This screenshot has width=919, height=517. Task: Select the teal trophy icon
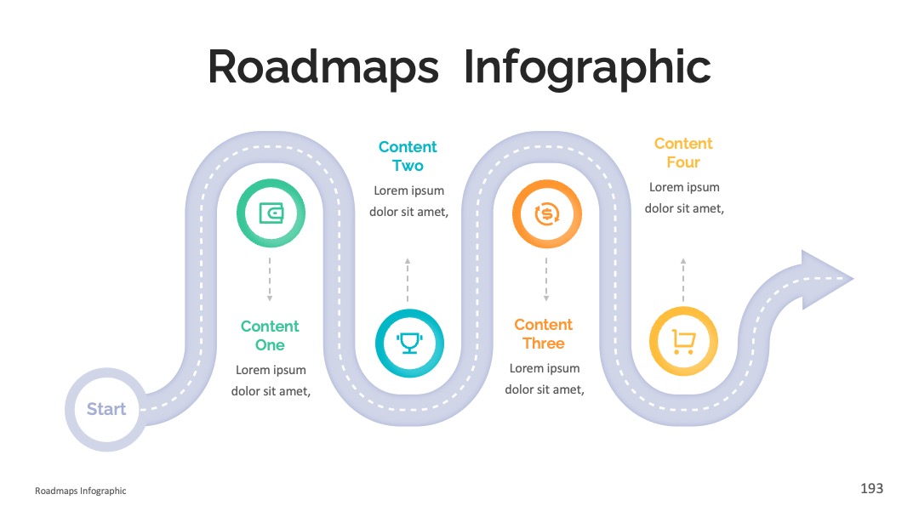pos(409,343)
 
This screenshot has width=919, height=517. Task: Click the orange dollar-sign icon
pos(547,213)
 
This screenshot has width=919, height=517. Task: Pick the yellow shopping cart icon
pos(683,341)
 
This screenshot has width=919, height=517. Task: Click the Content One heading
pos(270,336)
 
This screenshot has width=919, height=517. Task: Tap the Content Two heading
pos(408,156)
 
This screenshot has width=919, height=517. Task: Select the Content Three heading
pos(543,333)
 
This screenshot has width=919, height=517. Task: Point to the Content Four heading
pos(683,153)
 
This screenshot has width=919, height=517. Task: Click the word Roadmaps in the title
pos(323,66)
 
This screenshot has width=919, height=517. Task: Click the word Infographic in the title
pos(587,66)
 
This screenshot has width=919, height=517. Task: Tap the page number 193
pos(871,488)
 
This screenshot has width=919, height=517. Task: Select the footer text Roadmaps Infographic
pos(80,491)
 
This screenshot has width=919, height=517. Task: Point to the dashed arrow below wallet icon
pos(270,279)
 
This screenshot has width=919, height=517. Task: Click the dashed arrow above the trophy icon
pos(408,279)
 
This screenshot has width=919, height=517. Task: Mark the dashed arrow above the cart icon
pos(683,279)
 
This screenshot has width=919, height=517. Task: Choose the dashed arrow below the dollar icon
pos(546,279)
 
